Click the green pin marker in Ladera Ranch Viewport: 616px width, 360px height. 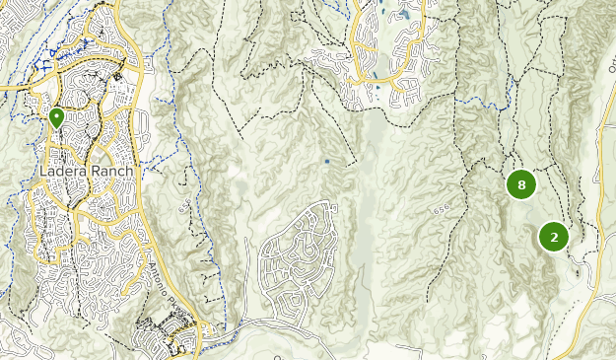coord(56,117)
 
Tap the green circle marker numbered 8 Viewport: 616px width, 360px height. coord(521,184)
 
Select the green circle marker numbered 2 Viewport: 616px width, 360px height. coord(554,237)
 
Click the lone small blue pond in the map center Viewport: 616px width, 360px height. coord(327,161)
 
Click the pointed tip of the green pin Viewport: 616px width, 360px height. coord(56,128)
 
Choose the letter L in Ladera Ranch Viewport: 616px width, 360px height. coord(44,172)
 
